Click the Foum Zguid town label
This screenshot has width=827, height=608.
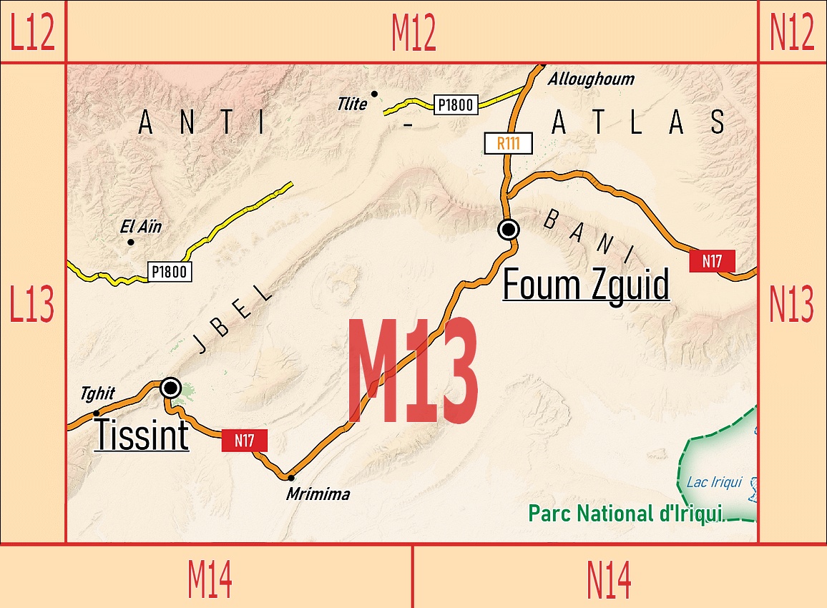586,285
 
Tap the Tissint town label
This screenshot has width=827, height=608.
142,434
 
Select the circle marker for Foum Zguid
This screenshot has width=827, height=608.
509,229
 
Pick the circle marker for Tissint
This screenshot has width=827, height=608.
170,388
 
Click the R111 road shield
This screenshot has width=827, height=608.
508,142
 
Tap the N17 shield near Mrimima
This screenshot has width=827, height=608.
245,441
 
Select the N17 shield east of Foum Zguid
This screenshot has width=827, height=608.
712,261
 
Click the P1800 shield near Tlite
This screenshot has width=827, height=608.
456,105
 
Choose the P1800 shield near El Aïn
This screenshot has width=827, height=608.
170,271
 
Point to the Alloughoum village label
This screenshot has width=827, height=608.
591,79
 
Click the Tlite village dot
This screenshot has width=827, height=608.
374,94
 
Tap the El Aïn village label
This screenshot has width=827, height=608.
141,227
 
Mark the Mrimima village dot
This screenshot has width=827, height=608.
290,477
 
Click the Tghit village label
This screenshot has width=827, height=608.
98,394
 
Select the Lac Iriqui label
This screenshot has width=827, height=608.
714,482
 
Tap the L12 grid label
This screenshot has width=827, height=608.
32,31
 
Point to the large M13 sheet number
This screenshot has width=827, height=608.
413,371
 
